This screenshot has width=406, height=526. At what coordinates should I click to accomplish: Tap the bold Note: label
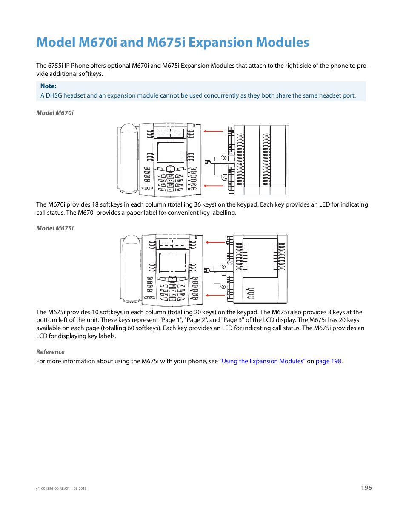(48, 86)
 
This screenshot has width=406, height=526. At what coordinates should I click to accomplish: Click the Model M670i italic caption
(55, 113)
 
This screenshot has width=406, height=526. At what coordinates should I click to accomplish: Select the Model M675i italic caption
(55, 228)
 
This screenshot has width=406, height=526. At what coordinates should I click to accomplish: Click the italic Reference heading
(50, 352)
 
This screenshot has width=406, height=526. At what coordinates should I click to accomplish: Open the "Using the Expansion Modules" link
(262, 361)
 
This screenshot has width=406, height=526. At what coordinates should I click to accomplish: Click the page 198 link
(328, 361)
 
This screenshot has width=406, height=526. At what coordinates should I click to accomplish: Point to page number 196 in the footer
(366, 488)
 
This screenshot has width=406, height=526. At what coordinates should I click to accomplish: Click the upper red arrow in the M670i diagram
(214, 131)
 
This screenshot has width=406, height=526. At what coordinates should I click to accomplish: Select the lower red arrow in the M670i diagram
(214, 186)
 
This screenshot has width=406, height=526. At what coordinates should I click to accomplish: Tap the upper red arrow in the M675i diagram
(215, 242)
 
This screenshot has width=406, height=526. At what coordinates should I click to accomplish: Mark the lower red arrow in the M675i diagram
(215, 295)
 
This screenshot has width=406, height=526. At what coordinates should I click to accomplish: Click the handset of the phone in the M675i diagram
(131, 268)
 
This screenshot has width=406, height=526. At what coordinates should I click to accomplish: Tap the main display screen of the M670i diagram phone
(171, 152)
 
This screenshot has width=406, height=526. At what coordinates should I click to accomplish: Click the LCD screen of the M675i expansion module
(260, 258)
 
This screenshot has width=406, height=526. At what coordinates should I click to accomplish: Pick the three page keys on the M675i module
(251, 293)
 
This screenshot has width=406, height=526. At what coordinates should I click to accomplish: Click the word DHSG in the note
(54, 95)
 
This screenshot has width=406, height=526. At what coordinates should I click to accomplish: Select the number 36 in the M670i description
(198, 204)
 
